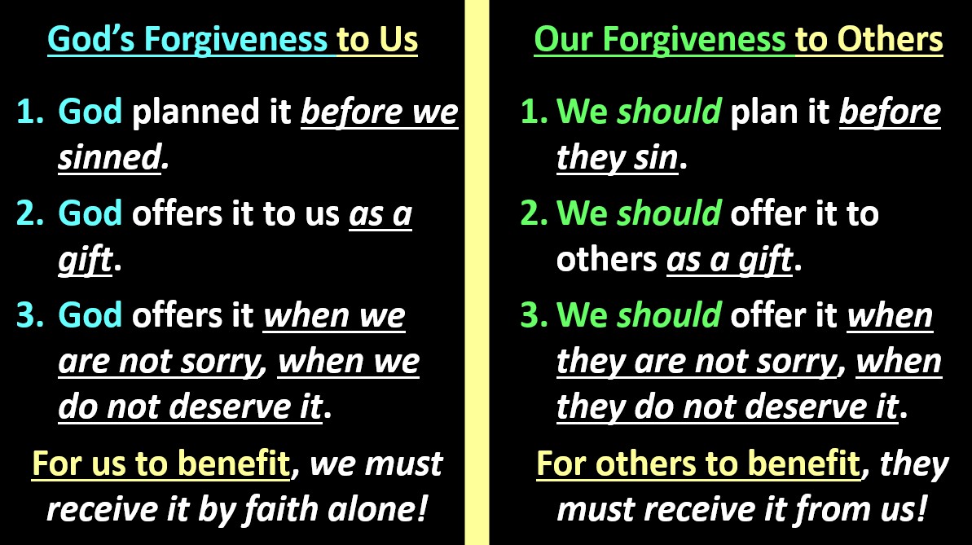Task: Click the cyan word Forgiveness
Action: tap(235, 40)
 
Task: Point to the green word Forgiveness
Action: tap(693, 40)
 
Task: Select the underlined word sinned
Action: tap(110, 157)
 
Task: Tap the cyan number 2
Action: tap(30, 213)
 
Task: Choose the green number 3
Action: tap(533, 315)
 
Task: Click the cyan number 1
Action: tap(30, 112)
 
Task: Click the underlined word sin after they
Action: tap(656, 157)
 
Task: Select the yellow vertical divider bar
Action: tap(477, 272)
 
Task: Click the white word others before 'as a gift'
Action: tap(606, 259)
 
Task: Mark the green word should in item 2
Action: tap(669, 213)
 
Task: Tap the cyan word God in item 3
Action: tap(90, 315)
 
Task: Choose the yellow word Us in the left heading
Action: tap(398, 38)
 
